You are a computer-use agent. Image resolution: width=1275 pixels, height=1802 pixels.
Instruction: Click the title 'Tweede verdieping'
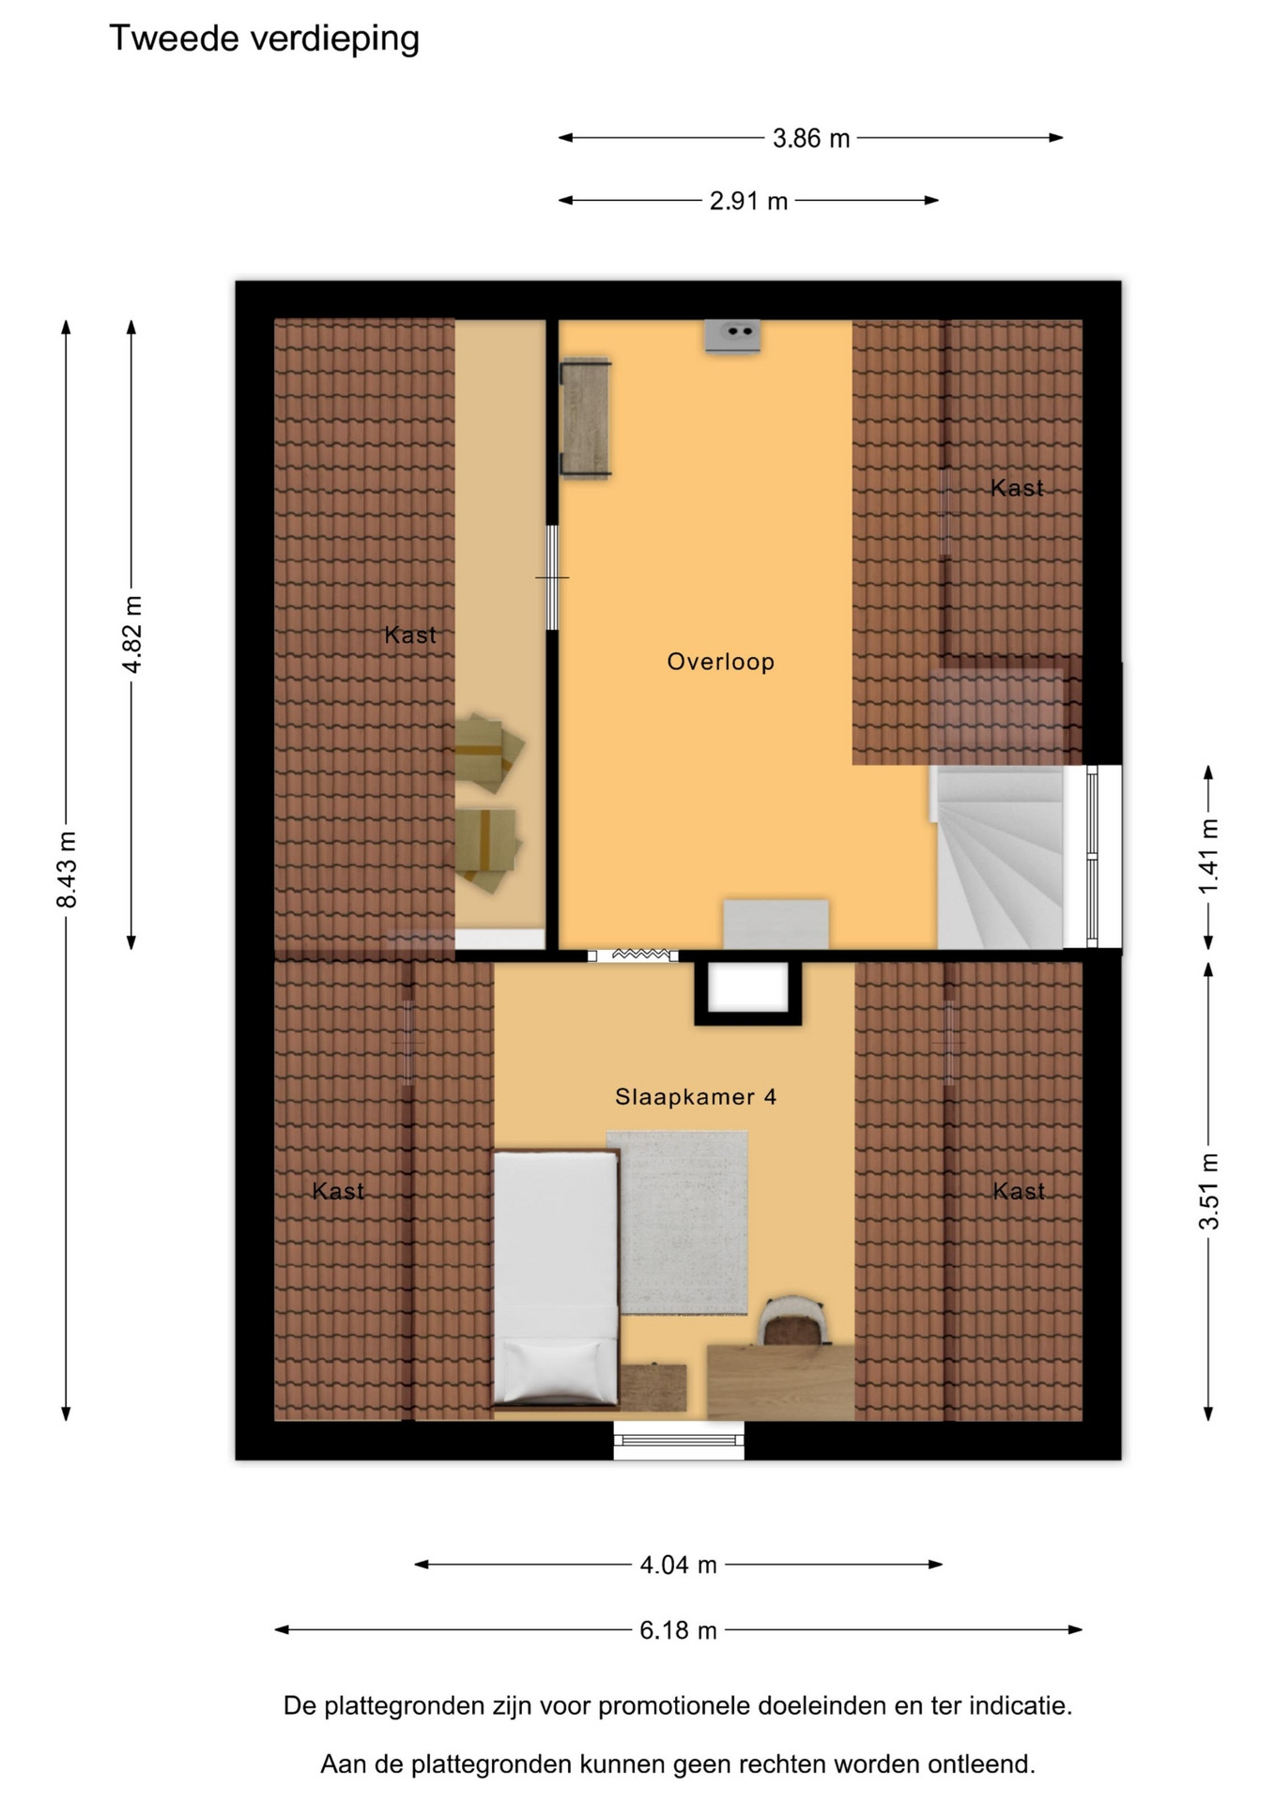pos(264,39)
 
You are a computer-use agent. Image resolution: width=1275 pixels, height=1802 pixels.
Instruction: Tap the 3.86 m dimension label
pos(811,139)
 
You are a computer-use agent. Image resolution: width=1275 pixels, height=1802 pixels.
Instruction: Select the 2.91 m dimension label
pos(748,201)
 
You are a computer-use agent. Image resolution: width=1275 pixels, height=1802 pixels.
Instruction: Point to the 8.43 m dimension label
pos(67,869)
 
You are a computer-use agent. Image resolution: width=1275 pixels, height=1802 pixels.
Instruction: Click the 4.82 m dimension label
pos(132,634)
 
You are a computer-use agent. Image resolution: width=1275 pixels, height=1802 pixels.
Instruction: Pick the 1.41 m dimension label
pos(1209,856)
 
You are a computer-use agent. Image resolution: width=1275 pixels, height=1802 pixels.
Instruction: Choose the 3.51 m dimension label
pos(1209,1191)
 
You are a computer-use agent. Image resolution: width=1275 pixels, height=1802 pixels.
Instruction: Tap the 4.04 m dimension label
pos(678,1565)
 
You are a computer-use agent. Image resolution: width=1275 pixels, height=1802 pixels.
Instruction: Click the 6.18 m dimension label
pos(678,1630)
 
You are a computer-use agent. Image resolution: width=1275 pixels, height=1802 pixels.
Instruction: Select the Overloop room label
pos(720,662)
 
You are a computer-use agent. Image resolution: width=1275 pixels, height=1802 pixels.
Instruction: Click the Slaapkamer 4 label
pos(696,1096)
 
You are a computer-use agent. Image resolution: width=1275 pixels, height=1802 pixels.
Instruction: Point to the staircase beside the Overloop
pos(999,856)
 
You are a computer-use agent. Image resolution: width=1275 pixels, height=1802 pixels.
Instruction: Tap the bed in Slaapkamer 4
pos(556,1279)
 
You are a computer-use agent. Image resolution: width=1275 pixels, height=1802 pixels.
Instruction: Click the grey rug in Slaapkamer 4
pos(677,1222)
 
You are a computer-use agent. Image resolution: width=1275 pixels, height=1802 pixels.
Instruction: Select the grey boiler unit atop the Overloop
pos(732,336)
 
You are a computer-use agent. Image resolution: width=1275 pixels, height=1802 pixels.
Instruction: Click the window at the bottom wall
pos(679,1440)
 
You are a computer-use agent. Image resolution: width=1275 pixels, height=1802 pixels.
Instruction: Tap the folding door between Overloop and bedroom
pos(634,955)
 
